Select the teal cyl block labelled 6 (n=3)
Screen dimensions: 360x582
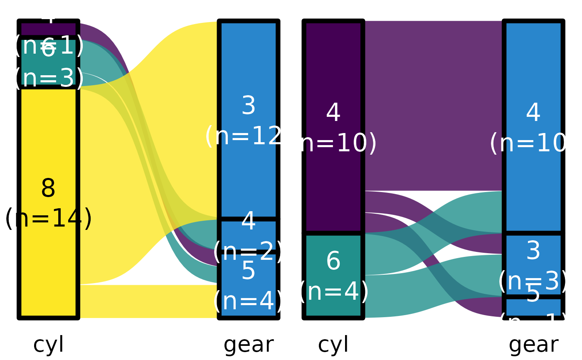point(49,62)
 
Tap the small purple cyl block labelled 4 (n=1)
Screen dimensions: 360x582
point(49,29)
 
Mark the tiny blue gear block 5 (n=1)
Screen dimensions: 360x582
point(533,308)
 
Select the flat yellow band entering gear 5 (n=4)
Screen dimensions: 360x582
point(150,301)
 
